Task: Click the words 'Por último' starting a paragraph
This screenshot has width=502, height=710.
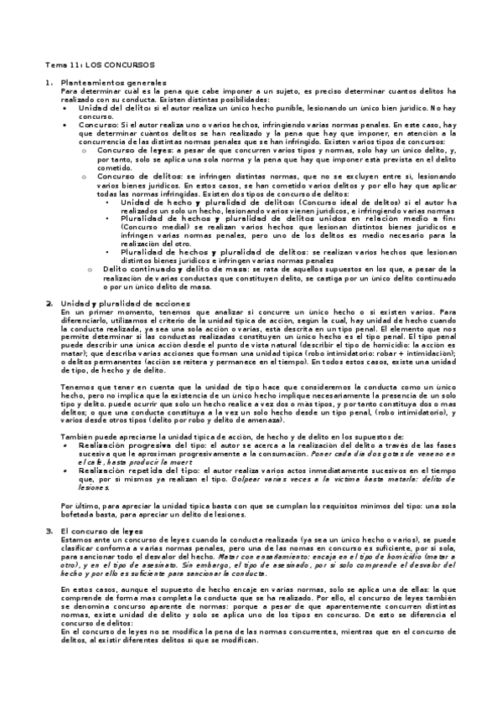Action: point(79,507)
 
